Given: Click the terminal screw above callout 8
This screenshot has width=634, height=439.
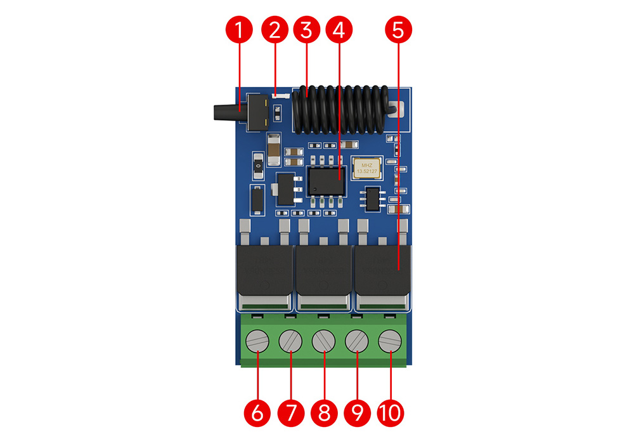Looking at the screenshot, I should point(324,343).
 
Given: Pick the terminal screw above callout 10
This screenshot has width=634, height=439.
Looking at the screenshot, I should point(389,343).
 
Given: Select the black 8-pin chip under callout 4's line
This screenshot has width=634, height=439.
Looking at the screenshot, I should point(327,181).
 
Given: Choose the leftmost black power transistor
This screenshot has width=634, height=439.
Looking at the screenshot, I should point(264,270).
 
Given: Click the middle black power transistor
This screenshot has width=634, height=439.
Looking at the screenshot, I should point(324,270).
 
